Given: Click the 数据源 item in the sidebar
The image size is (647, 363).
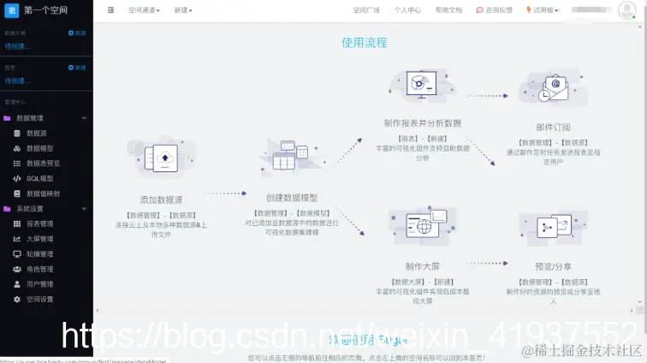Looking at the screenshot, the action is (36, 134).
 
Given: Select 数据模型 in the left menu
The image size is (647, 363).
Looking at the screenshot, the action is (39, 148).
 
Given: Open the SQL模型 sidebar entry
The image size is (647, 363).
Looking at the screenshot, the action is (39, 178).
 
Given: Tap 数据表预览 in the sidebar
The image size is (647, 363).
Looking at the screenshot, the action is (43, 164).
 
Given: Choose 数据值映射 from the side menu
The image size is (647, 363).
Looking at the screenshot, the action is (43, 193).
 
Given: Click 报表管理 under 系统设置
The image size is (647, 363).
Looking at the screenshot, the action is (39, 223).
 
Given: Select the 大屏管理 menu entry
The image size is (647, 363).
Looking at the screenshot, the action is (39, 239).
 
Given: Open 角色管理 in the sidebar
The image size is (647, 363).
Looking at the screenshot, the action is (39, 269).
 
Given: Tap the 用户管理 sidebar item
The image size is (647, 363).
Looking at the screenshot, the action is (39, 284).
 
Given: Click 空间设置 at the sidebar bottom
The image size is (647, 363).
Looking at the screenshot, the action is (39, 299).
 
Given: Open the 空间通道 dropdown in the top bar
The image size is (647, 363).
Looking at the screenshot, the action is (144, 10).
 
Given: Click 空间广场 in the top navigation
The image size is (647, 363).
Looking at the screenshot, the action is (366, 10).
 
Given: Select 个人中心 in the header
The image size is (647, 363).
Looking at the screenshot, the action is (407, 10).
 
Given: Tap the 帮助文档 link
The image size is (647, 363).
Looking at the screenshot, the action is (448, 10).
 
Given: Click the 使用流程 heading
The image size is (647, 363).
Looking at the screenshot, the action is (364, 43).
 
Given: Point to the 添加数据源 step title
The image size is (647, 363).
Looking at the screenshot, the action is (161, 199).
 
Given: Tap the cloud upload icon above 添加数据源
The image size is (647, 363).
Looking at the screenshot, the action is (162, 158).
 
